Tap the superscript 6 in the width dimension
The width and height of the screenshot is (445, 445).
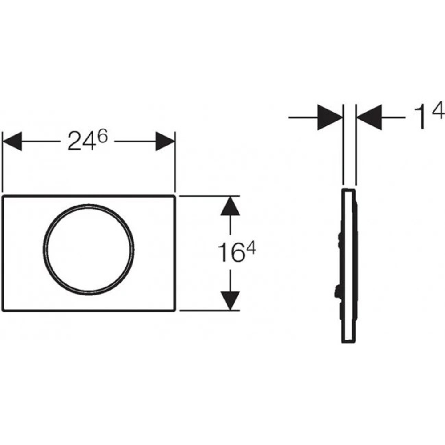(102, 136)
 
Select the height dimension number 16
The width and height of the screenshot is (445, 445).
(228, 252)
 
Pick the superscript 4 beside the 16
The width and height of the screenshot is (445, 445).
(251, 250)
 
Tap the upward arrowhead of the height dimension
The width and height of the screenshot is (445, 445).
(230, 206)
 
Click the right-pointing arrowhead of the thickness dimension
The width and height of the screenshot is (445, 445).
(330, 117)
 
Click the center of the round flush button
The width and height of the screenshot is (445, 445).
(89, 248)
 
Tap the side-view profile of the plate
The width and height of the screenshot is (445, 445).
(348, 267)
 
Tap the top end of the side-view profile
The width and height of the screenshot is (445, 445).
(348, 190)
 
